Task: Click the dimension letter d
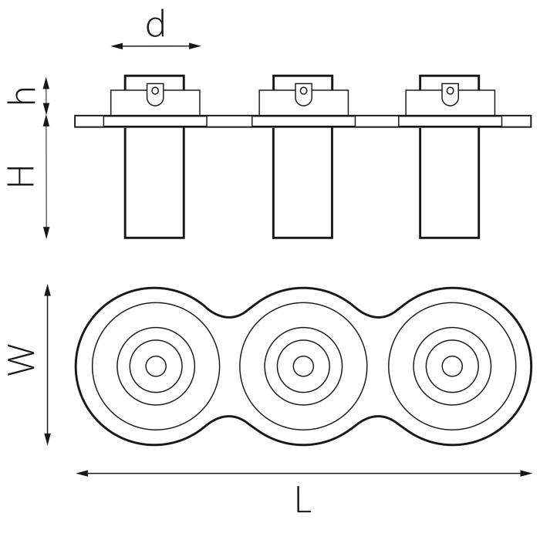click(156, 25)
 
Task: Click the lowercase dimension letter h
click(25, 95)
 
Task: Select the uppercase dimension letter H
click(22, 176)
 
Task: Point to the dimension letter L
click(303, 501)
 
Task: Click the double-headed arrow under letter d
click(156, 46)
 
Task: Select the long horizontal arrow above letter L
click(304, 473)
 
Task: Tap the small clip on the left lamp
click(155, 93)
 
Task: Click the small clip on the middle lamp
click(304, 93)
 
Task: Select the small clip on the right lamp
click(451, 93)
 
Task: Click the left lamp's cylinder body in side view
click(154, 181)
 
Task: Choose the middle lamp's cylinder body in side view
click(303, 181)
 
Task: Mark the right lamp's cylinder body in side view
click(450, 181)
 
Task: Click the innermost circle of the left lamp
click(155, 366)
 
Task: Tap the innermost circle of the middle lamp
click(303, 366)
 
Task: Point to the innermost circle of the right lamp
click(451, 366)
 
